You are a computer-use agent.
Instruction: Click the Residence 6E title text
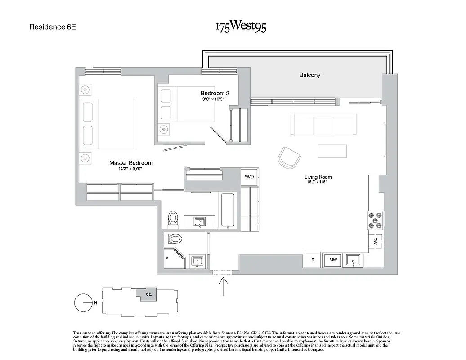coord(53,27)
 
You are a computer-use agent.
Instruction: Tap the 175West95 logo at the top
coord(241,27)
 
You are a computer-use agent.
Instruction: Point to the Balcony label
coord(310,75)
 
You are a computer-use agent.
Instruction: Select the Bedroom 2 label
coord(215,93)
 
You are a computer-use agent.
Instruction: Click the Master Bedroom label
coord(131,163)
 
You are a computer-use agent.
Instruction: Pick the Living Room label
coord(318,177)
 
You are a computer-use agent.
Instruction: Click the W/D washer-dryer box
coord(249,177)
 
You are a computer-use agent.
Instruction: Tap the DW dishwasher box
coord(375,241)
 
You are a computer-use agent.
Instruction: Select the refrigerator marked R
coord(312,260)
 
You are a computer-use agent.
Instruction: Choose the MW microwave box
coord(333,260)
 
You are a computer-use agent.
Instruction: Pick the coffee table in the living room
coord(332,151)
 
